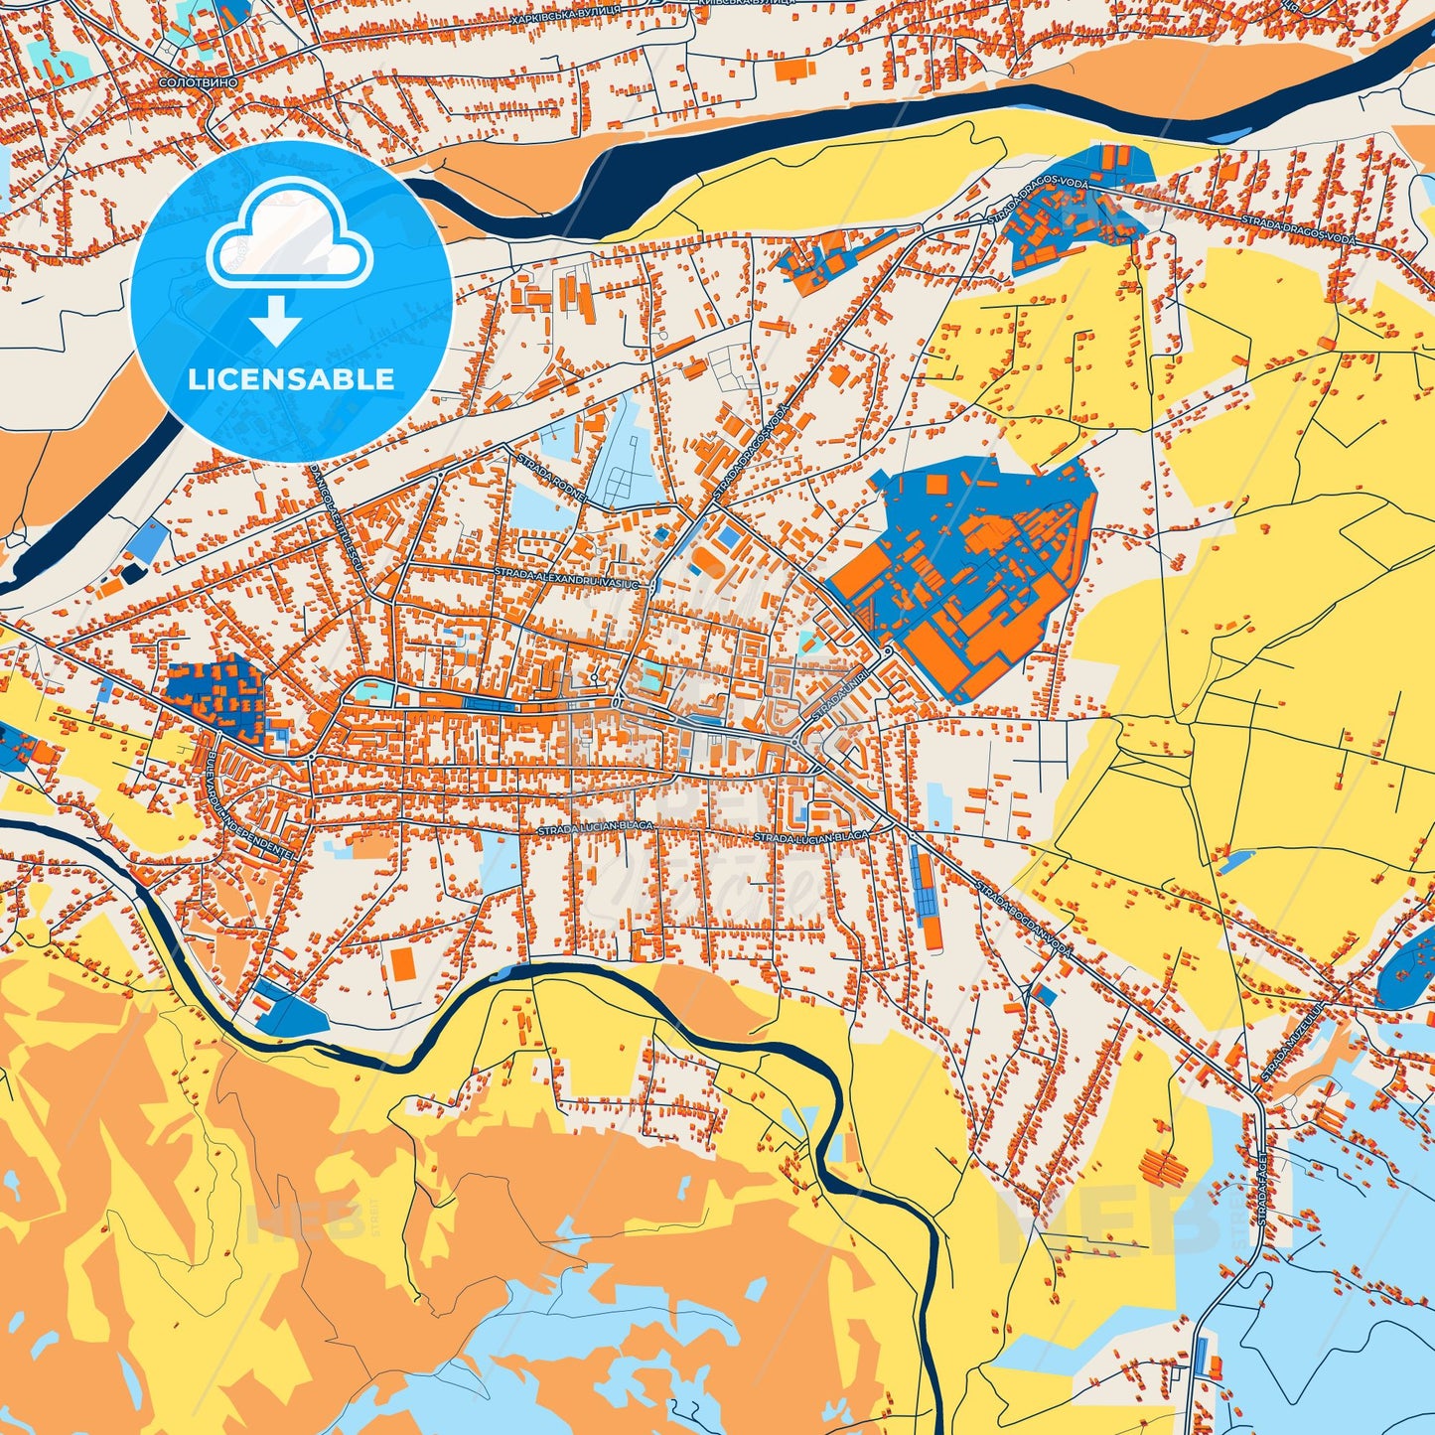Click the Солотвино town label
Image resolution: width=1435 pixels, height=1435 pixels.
click(199, 82)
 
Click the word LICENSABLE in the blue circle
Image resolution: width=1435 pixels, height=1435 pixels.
click(292, 379)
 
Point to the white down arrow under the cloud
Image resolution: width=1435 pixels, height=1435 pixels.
click(276, 320)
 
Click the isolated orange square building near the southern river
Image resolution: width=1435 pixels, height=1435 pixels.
click(402, 962)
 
